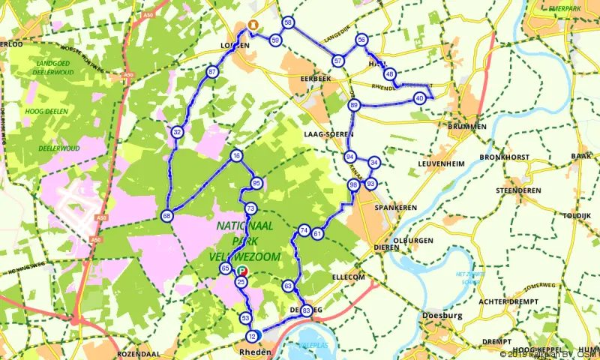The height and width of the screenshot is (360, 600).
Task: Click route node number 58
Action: (288, 22)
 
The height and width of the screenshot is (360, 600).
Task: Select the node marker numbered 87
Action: (212, 72)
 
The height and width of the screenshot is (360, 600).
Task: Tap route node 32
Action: (177, 132)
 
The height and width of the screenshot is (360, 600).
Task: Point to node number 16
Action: (237, 156)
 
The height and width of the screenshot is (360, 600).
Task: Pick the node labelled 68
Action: (166, 216)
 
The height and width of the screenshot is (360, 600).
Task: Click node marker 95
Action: (257, 184)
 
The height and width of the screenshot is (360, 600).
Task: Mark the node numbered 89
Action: (354, 105)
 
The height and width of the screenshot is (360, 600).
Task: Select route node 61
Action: (317, 234)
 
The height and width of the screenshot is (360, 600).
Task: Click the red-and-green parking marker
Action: (241, 272)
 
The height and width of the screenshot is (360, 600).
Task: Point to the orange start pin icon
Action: (253, 25)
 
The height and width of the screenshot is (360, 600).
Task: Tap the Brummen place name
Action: (466, 127)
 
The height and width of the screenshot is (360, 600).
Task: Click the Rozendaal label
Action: (136, 352)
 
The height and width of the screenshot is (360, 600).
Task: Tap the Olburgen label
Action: (413, 241)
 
